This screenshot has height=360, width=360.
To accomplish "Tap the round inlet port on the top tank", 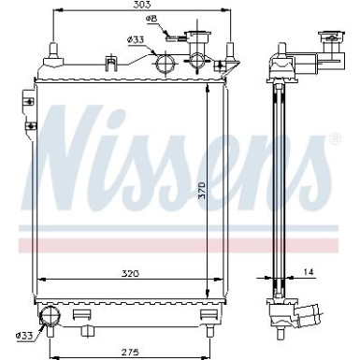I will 166,65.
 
